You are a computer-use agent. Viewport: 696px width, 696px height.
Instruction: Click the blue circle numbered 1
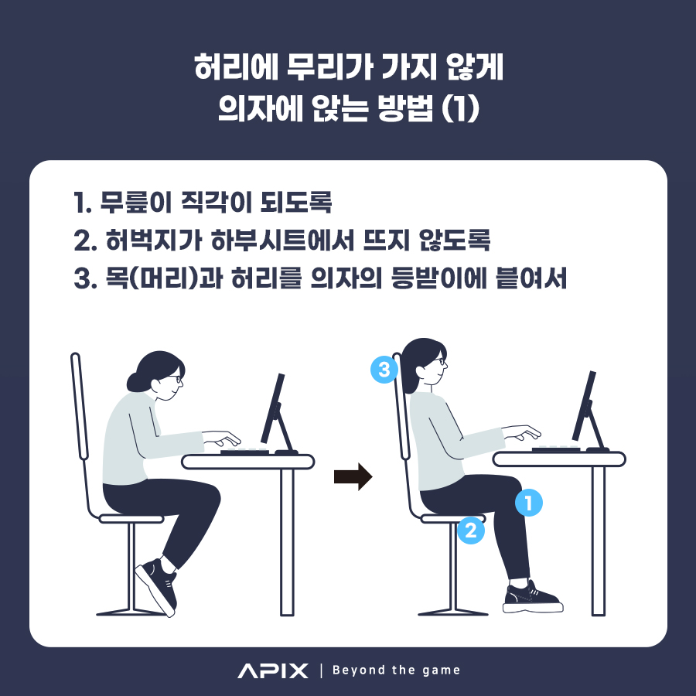tap(529, 503)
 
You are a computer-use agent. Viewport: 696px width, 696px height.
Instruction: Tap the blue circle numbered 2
tap(470, 530)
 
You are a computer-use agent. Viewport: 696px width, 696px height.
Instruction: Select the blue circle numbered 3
tap(384, 369)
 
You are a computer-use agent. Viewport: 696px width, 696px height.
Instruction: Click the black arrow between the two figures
tap(353, 476)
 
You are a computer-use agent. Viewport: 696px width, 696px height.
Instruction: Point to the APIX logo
tap(272, 670)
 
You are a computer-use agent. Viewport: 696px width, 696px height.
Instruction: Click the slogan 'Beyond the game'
tap(397, 670)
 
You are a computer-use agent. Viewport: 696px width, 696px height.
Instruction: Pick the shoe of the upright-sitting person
tap(533, 598)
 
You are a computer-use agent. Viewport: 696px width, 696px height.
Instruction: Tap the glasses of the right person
tap(438, 361)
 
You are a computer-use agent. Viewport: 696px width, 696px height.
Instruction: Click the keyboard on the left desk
tap(244, 452)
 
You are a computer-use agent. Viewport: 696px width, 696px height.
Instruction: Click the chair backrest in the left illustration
tap(79, 406)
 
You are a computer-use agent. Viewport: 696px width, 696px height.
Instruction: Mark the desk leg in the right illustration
tap(599, 541)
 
